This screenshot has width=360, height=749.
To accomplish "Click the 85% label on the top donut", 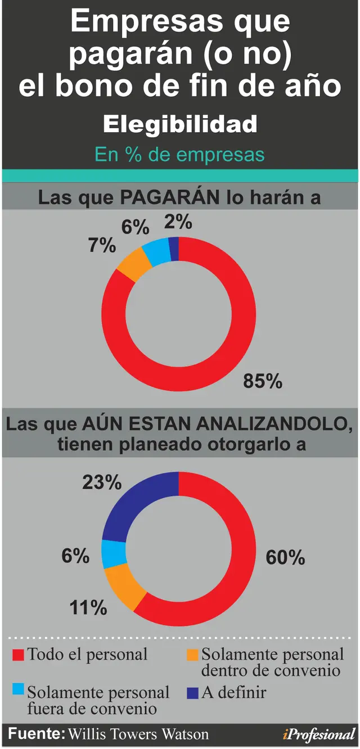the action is pyautogui.click(x=263, y=381).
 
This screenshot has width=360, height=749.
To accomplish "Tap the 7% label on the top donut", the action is pyautogui.click(x=102, y=245).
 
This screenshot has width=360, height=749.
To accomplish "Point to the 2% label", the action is pyautogui.click(x=178, y=222).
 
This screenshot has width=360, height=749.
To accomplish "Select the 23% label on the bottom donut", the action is pyautogui.click(x=102, y=482).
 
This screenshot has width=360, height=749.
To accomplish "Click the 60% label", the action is pyautogui.click(x=285, y=557).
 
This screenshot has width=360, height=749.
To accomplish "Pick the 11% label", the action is pyautogui.click(x=88, y=607).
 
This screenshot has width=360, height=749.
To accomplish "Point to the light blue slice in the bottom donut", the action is pyautogui.click(x=113, y=553).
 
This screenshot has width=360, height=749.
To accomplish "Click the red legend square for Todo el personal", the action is pyautogui.click(x=18, y=655).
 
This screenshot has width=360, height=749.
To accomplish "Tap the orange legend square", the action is pyautogui.click(x=193, y=655).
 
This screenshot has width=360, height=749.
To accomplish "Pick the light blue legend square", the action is pyautogui.click(x=18, y=689).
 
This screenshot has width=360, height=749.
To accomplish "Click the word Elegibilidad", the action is pyautogui.click(x=180, y=124).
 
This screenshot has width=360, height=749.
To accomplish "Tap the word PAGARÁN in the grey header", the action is pyautogui.click(x=170, y=197).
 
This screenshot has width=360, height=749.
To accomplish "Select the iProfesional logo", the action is pyautogui.click(x=318, y=734).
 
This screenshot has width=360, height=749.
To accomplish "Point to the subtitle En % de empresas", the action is pyautogui.click(x=179, y=155).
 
